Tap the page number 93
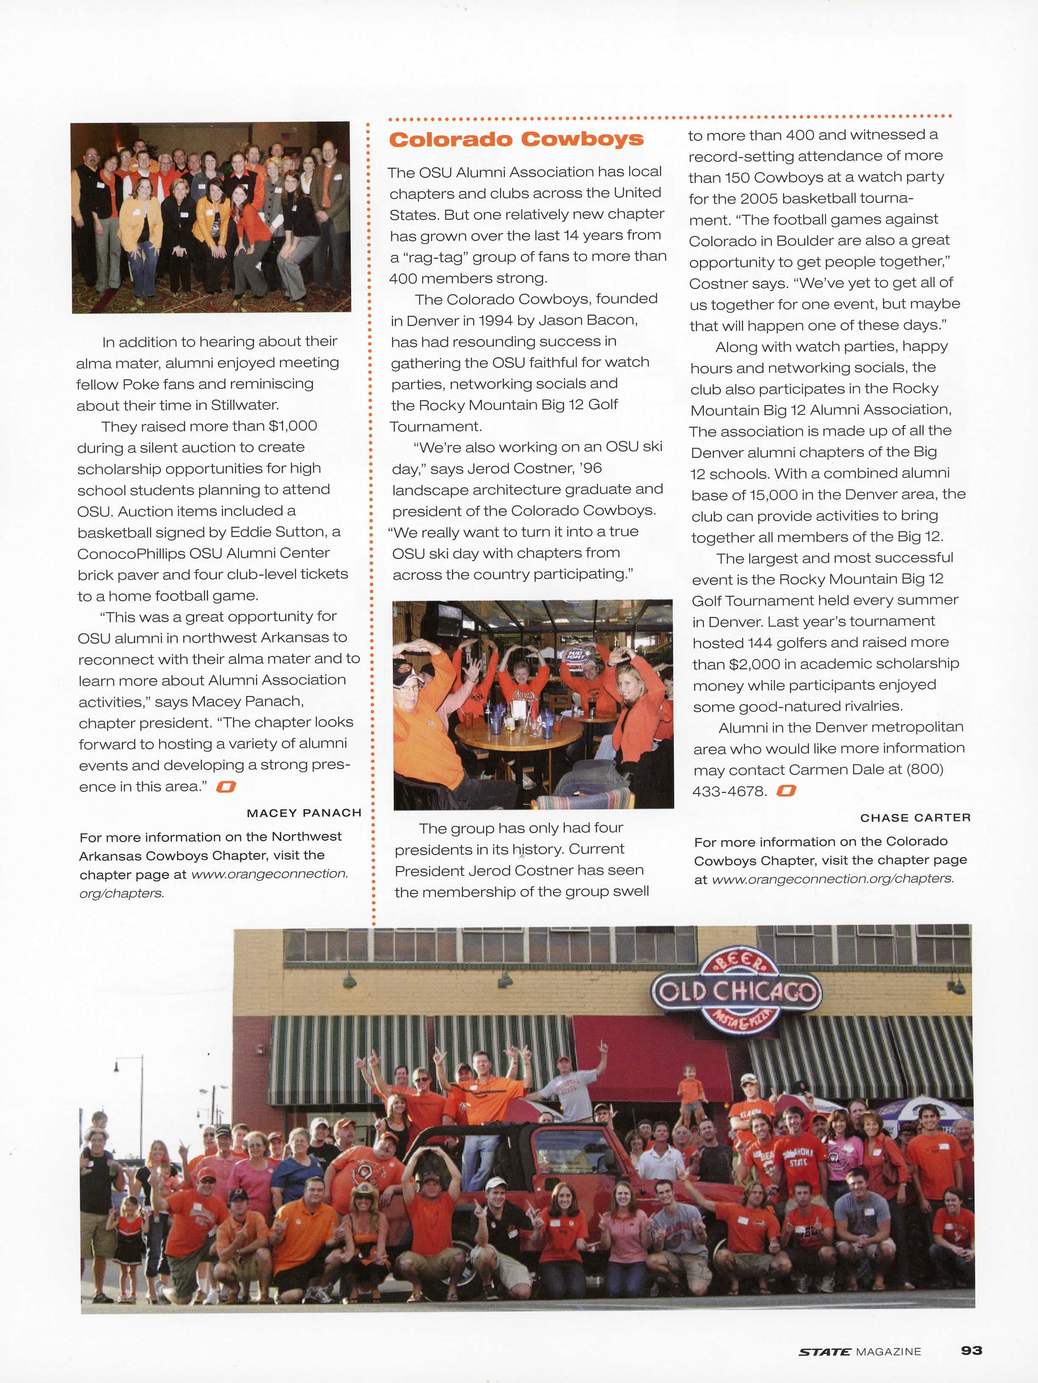click(971, 1350)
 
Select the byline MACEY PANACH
click(304, 813)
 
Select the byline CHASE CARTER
click(915, 817)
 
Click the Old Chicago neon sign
click(735, 992)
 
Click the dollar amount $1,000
click(293, 426)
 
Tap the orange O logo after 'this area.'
click(226, 786)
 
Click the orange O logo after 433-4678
click(786, 791)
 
